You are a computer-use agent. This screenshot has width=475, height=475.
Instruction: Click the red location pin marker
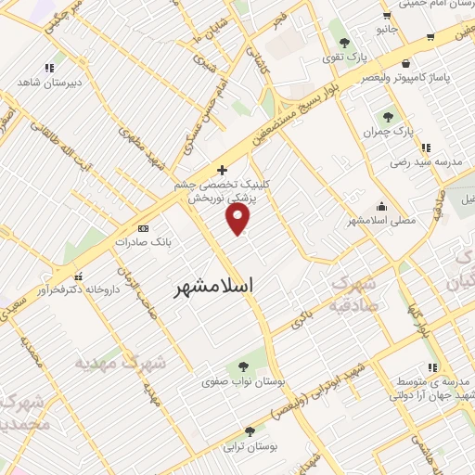coord(239,218)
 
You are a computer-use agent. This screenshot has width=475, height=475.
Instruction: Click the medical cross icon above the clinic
coord(222,170)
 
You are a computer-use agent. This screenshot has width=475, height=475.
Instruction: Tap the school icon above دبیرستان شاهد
coord(49,68)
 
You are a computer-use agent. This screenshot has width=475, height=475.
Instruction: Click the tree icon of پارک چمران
coord(389,118)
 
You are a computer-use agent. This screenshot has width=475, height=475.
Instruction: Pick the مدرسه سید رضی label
coord(430,161)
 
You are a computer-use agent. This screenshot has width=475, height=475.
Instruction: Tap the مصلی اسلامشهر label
coord(380,221)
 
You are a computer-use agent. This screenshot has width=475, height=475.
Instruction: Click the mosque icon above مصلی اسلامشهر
coord(381,207)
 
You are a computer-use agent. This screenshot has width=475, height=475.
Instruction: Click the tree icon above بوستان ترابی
coord(250,431)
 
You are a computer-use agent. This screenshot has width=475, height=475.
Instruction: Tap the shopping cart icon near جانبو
coord(431,37)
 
